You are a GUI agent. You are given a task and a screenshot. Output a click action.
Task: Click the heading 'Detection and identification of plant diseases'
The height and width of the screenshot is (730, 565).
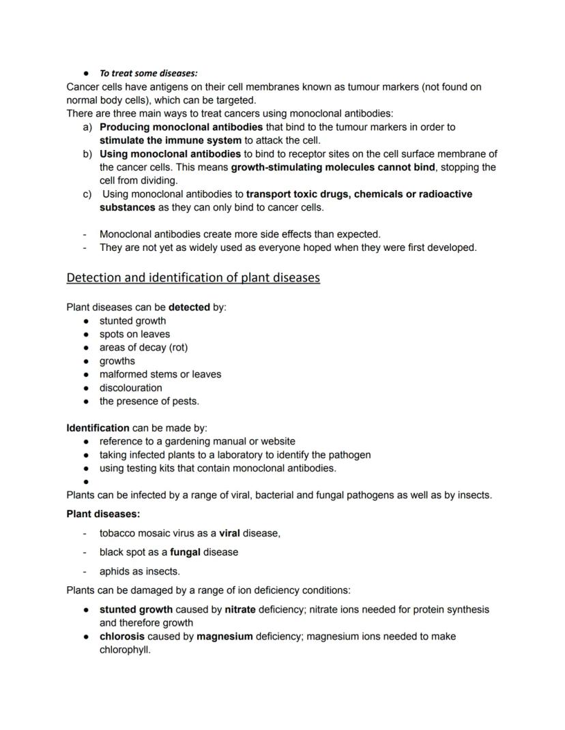coord(193,278)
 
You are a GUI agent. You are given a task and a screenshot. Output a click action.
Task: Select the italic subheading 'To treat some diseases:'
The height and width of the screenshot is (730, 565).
coord(148,74)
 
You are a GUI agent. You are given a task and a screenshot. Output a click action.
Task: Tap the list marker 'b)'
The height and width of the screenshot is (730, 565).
coord(87,154)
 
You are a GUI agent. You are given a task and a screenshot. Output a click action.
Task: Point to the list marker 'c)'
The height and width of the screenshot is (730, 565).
coord(87,194)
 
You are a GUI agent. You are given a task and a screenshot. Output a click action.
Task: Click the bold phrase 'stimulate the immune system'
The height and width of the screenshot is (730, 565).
coord(170,140)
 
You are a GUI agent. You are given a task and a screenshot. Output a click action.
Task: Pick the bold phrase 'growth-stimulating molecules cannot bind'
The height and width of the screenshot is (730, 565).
coord(333,167)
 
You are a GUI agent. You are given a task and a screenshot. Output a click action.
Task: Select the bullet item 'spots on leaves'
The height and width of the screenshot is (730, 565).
coord(134,334)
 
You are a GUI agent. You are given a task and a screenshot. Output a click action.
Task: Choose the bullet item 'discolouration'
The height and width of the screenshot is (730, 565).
coord(130,388)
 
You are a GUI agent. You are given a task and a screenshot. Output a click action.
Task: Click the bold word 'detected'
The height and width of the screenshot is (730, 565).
coord(189,307)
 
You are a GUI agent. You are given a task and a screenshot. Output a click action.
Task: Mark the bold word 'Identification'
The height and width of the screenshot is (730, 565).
coord(98,428)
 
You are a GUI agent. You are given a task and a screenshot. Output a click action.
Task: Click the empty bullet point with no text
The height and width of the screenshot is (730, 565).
coord(87,482)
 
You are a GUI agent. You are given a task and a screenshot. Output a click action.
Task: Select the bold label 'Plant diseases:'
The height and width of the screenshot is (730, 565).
coord(103,514)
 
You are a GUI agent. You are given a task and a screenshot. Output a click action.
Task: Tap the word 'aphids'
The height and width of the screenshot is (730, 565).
coord(114,571)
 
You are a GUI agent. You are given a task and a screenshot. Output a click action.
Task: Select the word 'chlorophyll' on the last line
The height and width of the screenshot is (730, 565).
coord(124,650)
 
